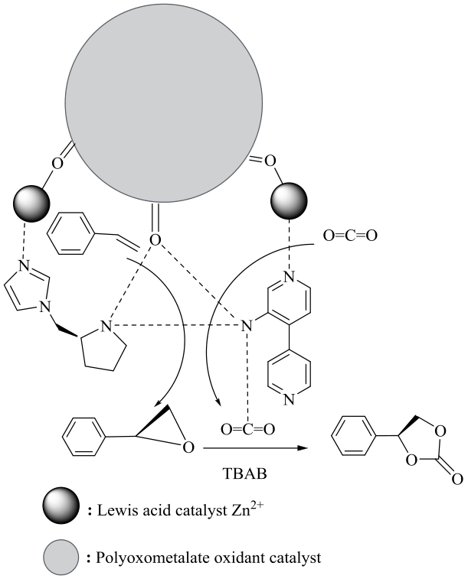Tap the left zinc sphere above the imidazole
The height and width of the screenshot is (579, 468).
pos(31,203)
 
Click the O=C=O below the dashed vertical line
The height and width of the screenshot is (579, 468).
pos(247,429)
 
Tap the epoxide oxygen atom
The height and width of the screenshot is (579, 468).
pos(188,446)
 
